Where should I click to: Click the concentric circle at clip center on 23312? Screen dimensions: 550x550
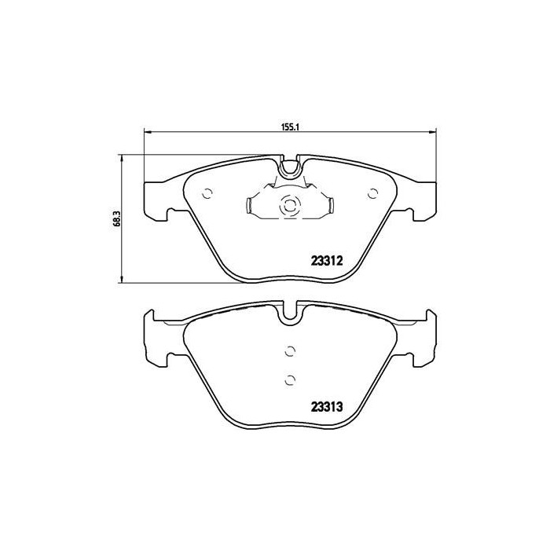[289, 207]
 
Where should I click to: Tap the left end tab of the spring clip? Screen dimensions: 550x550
[248, 207]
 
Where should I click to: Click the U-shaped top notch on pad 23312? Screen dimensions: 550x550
[290, 167]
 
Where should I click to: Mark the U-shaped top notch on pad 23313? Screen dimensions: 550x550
[290, 313]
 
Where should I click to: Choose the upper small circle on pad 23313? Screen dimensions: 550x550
[289, 350]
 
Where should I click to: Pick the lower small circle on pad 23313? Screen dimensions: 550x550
[289, 380]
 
